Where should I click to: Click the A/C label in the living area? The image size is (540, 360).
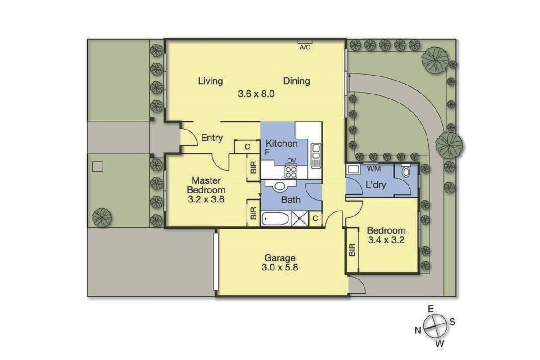coord(305,48)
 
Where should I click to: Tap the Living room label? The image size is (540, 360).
coord(211,81)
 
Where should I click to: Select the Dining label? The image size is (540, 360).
coord(297,81)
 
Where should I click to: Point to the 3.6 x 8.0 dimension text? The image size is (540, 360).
coord(256,94)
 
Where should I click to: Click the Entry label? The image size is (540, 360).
coord(212,138)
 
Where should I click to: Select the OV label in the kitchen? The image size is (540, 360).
coord(292,161)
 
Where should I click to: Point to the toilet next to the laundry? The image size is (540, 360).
coord(406,171)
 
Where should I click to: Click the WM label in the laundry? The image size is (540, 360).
coord(373,169)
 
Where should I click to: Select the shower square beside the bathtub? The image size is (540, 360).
coord(300,219)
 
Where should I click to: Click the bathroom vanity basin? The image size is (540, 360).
coord(280,186)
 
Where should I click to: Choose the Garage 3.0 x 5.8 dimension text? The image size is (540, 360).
coord(280,262)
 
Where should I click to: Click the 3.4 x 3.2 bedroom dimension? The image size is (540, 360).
coord(386,240)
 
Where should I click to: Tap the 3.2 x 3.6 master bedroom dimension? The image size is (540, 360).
coord(206,199)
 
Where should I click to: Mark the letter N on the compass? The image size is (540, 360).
coord(418,330)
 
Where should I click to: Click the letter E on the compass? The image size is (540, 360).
coord(431,309)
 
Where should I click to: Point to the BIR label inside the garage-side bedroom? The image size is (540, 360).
coord(352,250)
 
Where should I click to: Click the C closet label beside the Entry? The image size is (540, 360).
coord(247,147)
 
